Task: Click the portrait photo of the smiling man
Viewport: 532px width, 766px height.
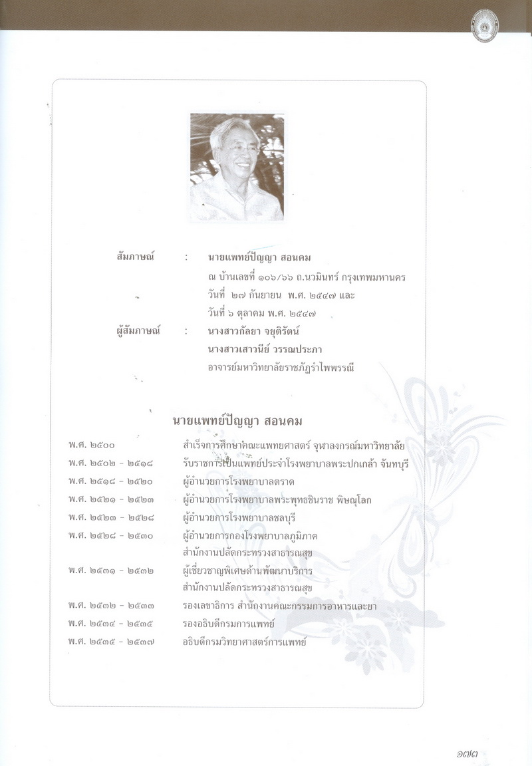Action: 237,167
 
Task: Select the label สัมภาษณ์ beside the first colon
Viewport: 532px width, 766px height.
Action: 135,257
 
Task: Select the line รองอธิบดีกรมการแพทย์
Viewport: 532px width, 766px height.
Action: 229,624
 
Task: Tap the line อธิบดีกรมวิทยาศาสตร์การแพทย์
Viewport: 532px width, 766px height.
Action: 245,642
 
